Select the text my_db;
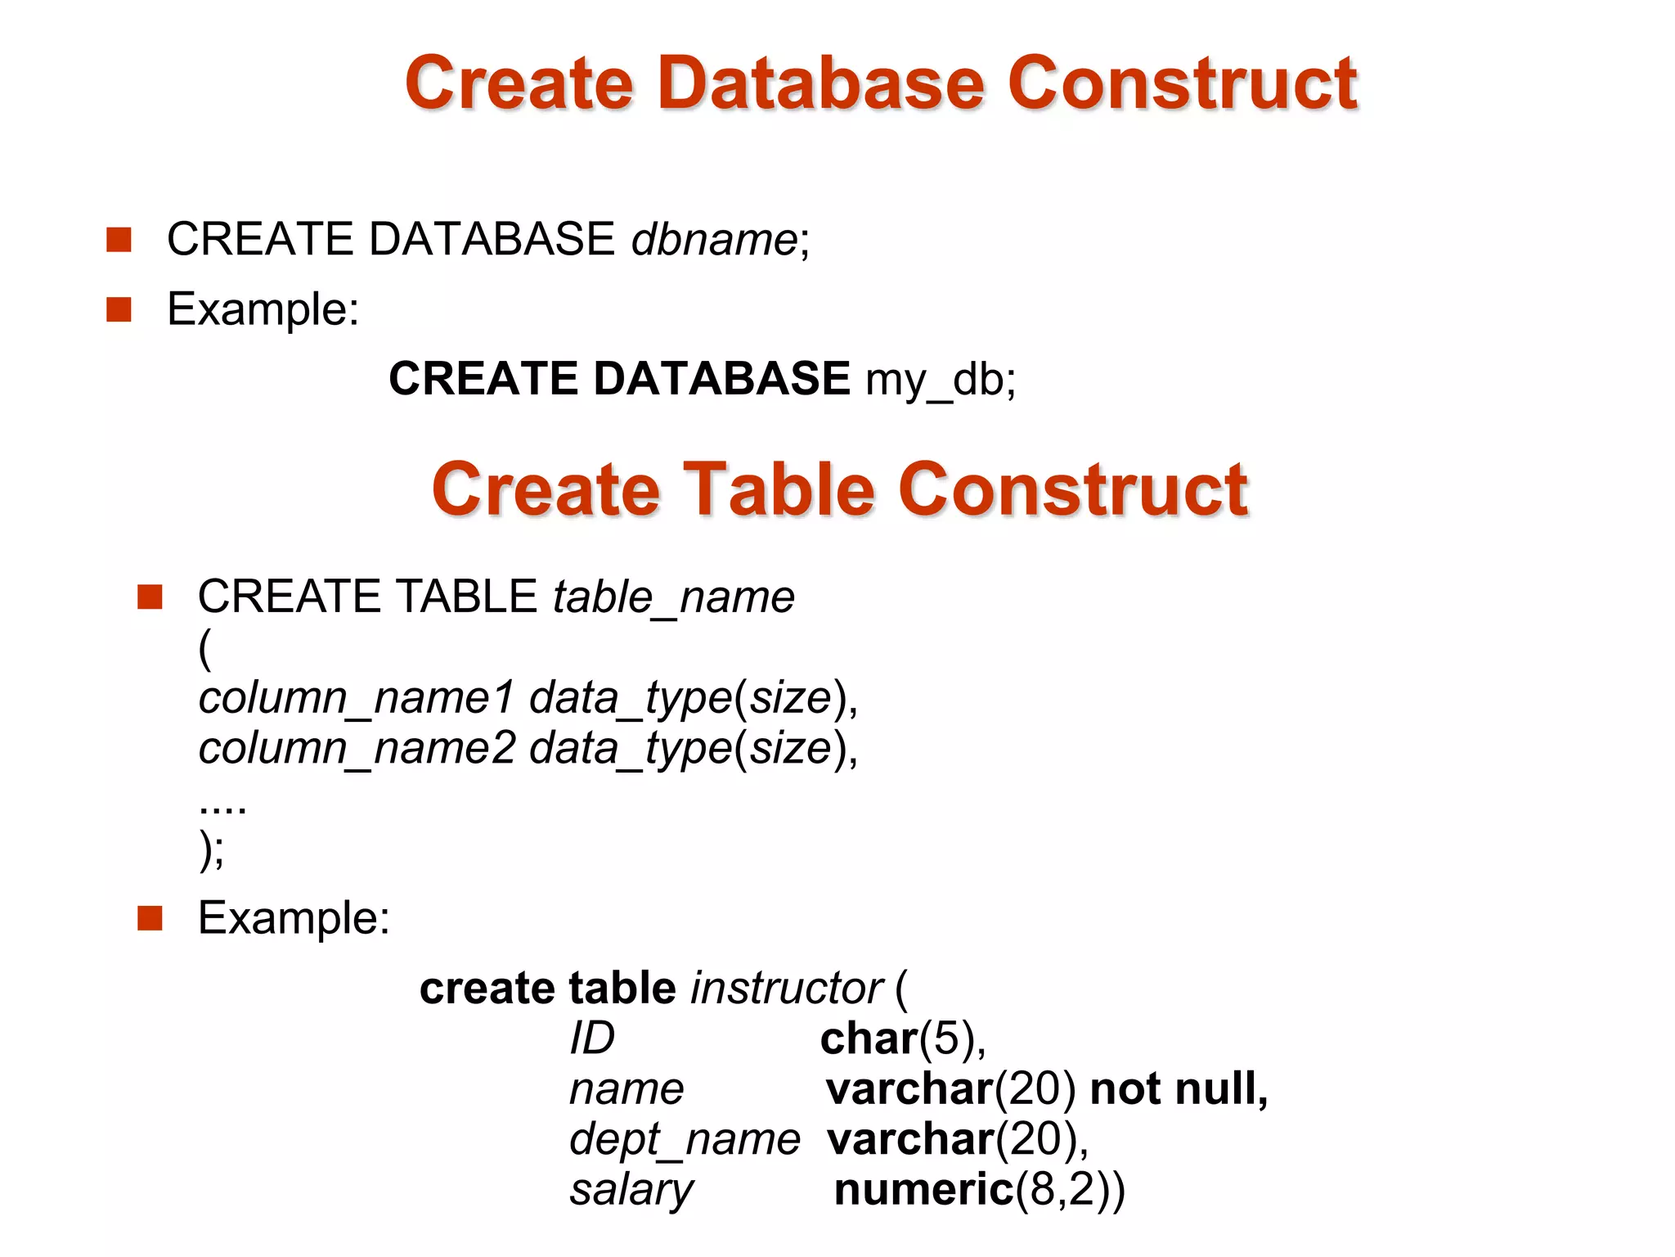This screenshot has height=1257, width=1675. click(x=941, y=380)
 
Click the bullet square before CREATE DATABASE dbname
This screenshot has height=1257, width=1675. click(x=119, y=240)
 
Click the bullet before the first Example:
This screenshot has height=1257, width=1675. click(x=119, y=310)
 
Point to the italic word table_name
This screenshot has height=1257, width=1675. click(x=673, y=597)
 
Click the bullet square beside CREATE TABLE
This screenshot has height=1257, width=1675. click(x=150, y=597)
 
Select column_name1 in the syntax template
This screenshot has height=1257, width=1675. click(x=357, y=698)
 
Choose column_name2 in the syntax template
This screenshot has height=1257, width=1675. click(x=357, y=749)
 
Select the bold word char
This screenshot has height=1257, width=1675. click(x=869, y=1039)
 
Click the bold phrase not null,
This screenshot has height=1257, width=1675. click(x=1179, y=1089)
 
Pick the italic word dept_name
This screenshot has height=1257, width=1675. click(x=685, y=1140)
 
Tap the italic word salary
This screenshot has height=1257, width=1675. click(x=631, y=1191)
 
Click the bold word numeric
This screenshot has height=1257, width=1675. click(x=923, y=1190)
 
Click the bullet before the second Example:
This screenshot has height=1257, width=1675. click(x=150, y=919)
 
